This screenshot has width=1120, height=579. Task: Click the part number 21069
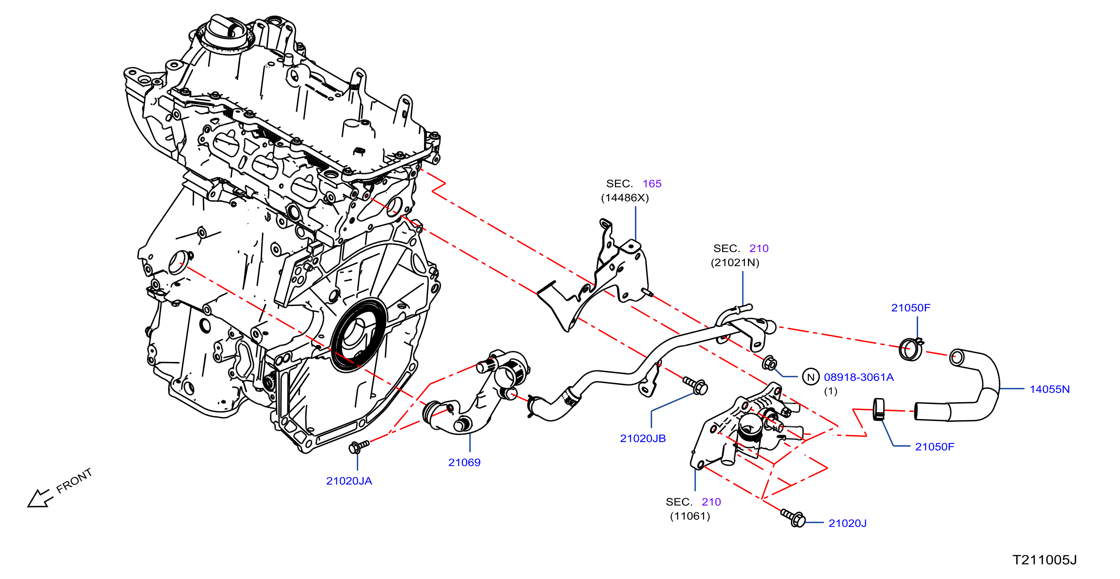pos(464,462)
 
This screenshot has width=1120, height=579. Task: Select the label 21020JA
pos(349,481)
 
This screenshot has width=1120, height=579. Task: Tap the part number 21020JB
pos(643,439)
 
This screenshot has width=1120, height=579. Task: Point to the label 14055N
pos(1050,389)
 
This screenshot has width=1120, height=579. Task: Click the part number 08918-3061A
pos(859,377)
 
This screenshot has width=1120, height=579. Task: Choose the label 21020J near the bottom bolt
pos(848,523)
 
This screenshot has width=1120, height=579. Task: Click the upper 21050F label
pos(911,308)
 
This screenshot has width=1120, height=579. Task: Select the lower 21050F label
pos(935,447)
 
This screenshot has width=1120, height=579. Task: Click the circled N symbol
pos(811,377)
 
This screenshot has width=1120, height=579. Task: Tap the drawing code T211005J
pos(1045,560)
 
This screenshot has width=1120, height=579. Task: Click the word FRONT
pos(74,481)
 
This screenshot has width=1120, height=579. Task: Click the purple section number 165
pos(652,184)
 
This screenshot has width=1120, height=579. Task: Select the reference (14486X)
pos(625,198)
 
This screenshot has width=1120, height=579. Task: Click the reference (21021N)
pos(735,263)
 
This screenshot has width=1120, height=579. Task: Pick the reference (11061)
pos(690,517)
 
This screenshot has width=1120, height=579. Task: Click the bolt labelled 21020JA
pos(358,446)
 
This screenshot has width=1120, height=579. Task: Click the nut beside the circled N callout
pos(769,362)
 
